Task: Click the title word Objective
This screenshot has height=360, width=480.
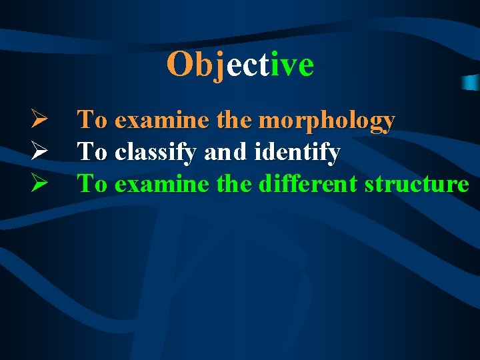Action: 240,65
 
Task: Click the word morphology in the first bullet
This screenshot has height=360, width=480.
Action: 327,121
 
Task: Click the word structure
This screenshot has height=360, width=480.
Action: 417,184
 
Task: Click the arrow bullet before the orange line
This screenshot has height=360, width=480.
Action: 37,121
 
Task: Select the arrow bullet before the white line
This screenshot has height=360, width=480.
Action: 37,153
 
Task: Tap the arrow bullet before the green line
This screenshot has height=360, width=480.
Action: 37,184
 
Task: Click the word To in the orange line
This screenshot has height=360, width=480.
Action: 93,121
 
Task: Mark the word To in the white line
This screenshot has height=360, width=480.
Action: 93,153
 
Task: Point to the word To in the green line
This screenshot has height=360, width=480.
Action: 93,184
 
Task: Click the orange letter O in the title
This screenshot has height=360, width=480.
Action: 179,65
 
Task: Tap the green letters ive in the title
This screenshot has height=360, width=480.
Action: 292,65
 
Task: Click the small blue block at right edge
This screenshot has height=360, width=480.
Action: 471,82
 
